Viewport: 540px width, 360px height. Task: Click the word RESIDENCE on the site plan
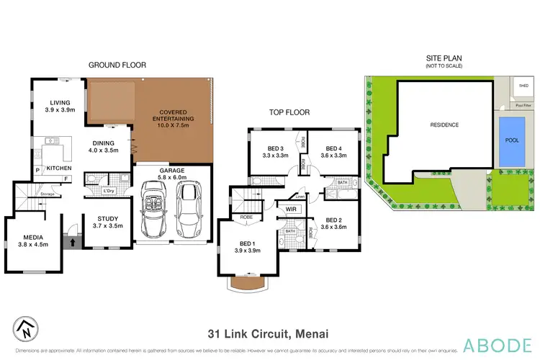click(444, 125)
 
